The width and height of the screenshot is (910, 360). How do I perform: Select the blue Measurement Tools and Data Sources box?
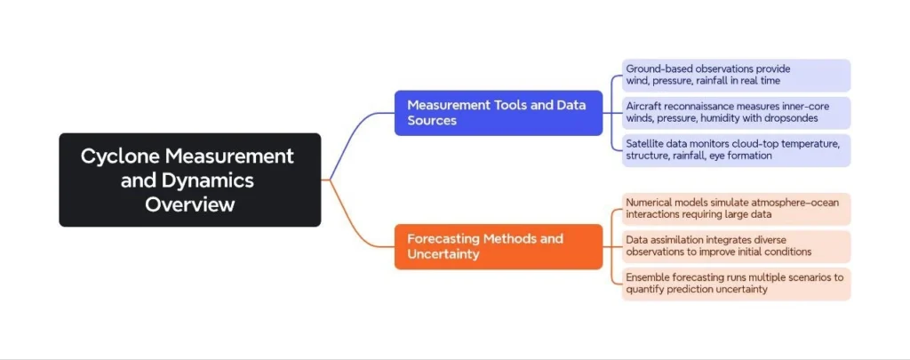click(498, 113)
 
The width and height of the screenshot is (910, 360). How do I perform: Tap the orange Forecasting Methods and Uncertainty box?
click(498, 246)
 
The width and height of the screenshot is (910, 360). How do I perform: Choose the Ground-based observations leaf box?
click(736, 76)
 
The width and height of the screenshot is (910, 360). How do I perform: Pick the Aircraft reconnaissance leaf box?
click(736, 113)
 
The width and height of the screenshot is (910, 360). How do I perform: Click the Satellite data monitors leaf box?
click(736, 150)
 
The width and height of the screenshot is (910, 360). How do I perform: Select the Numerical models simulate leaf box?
click(736, 209)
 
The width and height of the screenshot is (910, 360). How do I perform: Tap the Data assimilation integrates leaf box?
click(736, 246)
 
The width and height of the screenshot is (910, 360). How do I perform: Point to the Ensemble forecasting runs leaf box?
click(736, 284)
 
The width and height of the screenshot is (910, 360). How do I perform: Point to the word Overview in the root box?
click(190, 204)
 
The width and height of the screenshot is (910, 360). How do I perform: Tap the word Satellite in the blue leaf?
click(647, 144)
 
